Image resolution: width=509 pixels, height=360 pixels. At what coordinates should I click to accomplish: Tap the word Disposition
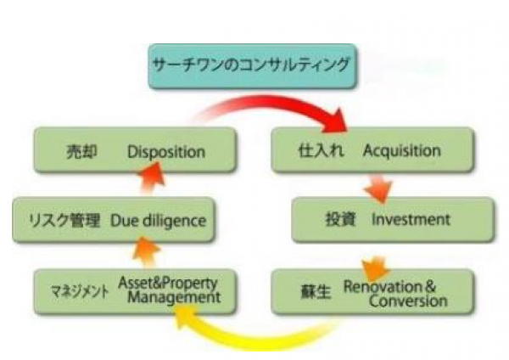(166, 152)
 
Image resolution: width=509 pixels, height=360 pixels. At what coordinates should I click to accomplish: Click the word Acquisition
(401, 151)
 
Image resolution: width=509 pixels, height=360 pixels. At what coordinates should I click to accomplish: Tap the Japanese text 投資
(341, 219)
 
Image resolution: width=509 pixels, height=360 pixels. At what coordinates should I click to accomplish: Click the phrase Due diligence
(158, 221)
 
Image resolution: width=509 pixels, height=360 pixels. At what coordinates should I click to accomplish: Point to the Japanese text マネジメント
(75, 290)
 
